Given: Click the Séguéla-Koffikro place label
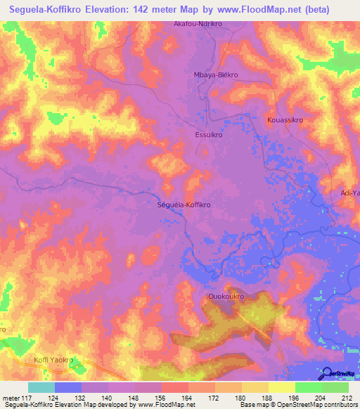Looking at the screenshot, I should point(183,204).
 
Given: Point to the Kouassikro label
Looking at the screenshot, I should point(285,120).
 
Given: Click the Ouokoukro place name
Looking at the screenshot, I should point(226,297).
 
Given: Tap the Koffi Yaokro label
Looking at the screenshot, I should point(53,360).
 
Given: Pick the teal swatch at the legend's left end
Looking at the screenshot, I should point(41,387).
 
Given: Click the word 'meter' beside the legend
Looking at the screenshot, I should point(11,398).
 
